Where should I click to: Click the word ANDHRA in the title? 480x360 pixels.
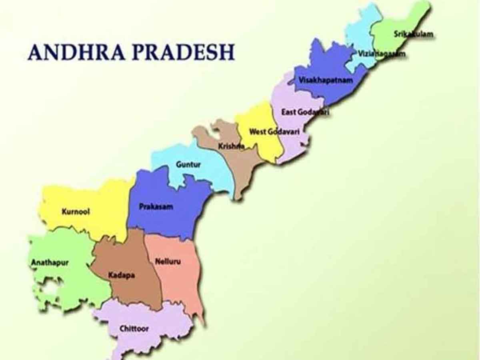pos(76,52)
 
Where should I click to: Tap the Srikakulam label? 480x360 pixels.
pos(414,34)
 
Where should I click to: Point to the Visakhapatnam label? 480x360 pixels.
pos(326,80)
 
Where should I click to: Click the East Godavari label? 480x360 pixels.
pos(305,112)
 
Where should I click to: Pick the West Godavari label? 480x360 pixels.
pos(274,131)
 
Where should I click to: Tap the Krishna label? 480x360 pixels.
pos(231,146)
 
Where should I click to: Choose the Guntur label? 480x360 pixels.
pos(188,164)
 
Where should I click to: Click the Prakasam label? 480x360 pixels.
pos(156,206)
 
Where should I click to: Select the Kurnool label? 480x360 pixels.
pos(76,211)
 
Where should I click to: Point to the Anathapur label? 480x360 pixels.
pos(50,263)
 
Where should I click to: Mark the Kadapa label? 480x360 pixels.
pos(122,275)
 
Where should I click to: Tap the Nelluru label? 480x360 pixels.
pos(167,262)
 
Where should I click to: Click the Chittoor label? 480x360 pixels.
pos(134,329)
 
